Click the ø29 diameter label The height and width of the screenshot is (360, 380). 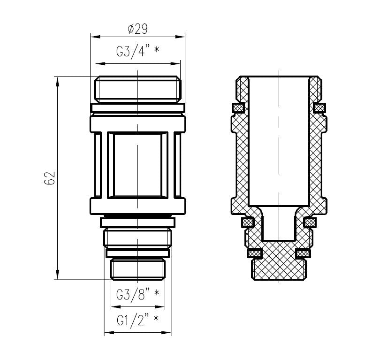137,29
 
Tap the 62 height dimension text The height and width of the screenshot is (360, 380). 50,178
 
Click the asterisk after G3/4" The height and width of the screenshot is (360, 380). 157,49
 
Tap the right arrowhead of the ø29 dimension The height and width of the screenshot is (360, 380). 180,37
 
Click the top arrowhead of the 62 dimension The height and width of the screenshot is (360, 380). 58,81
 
